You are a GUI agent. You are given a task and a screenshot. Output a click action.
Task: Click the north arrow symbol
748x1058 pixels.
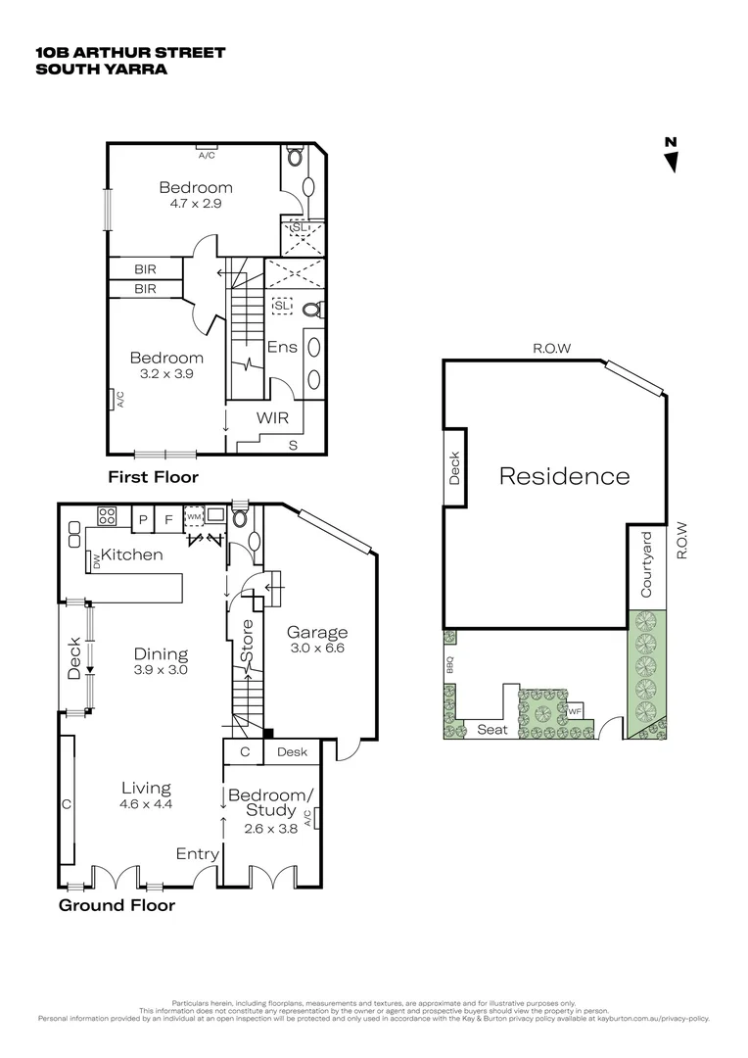(x=671, y=157)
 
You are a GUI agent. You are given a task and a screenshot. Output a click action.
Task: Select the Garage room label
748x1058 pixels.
(x=318, y=632)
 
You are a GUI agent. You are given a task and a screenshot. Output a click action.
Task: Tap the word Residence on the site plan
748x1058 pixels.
(x=564, y=476)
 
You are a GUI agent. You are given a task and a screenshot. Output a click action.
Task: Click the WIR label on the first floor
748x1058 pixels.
(x=273, y=417)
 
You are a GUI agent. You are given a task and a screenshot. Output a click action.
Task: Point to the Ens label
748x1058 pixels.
(x=282, y=347)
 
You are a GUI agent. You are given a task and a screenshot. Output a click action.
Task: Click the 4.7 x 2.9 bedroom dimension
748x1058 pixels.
(x=196, y=205)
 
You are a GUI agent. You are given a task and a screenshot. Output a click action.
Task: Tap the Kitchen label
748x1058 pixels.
(x=132, y=554)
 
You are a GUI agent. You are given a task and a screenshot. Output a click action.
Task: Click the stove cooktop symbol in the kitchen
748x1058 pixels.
(x=107, y=518)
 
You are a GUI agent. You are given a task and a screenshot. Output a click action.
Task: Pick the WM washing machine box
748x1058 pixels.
(x=194, y=517)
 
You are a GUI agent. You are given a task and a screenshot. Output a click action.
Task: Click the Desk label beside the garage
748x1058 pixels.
(x=292, y=752)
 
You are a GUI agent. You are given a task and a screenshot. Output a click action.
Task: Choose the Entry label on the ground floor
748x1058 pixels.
(x=197, y=854)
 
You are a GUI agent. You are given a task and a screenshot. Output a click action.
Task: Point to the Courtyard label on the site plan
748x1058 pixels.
(x=646, y=564)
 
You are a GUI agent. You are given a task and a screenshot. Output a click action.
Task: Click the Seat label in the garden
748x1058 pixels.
(x=491, y=729)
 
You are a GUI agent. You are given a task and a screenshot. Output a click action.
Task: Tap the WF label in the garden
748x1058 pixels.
(x=576, y=711)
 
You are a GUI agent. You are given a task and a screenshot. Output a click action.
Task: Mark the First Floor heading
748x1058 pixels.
(x=153, y=477)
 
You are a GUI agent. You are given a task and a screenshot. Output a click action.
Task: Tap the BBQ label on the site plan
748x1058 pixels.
(x=451, y=665)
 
